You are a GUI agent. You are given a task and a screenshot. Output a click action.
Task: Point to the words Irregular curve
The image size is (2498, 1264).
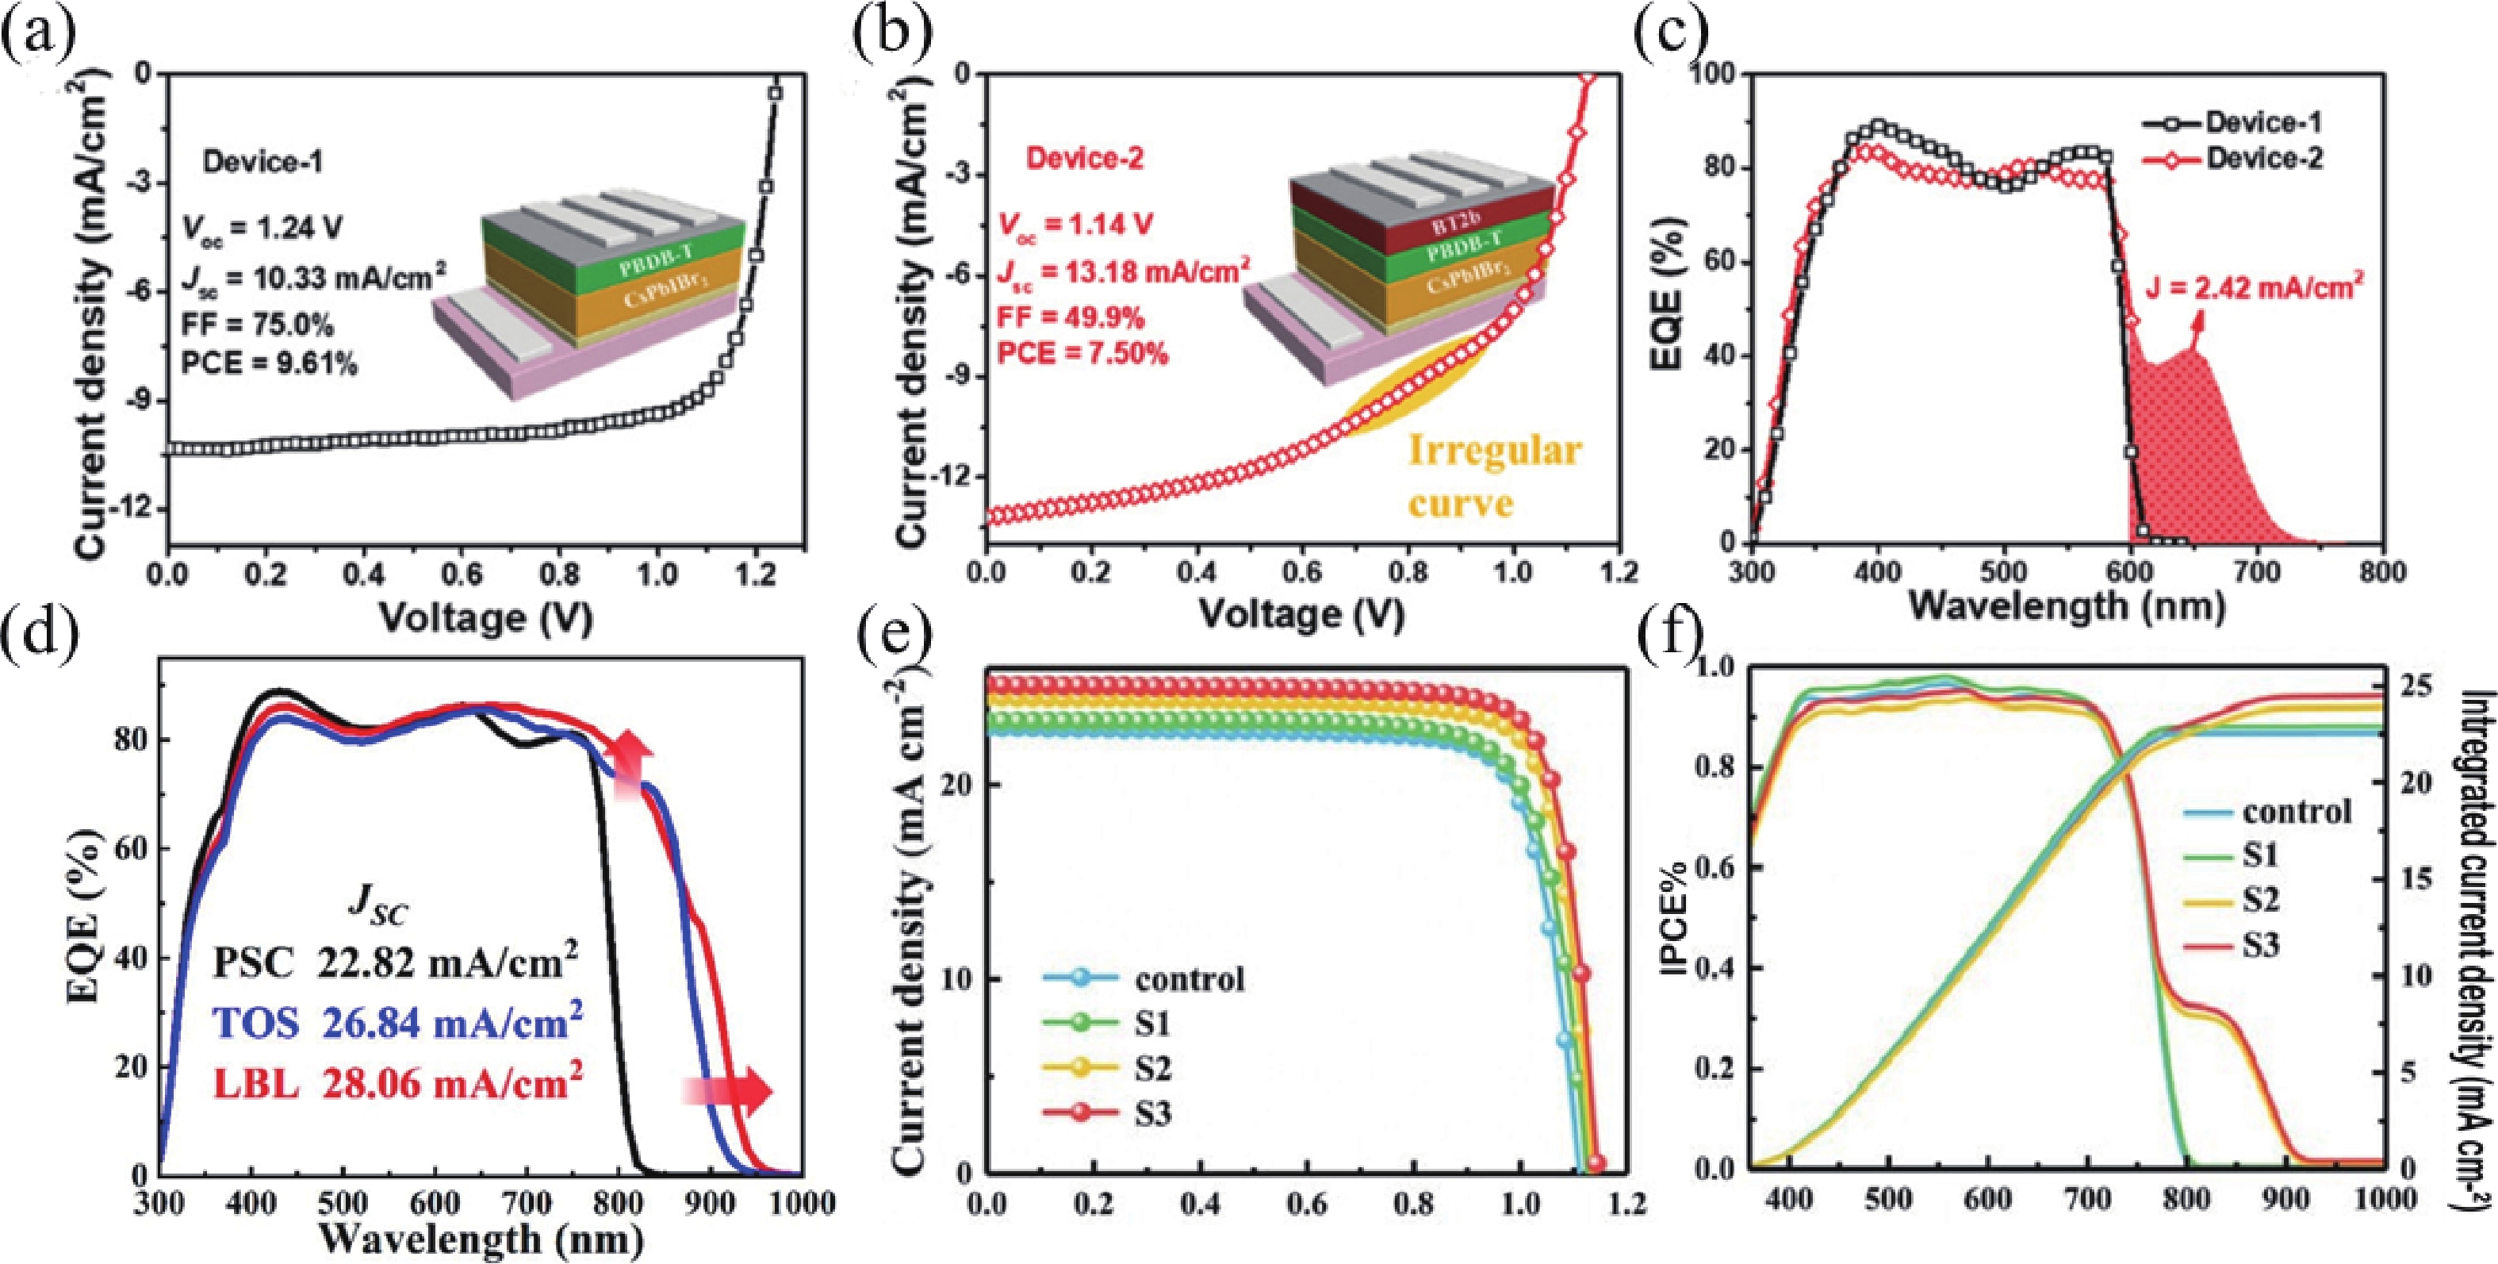1494,478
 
